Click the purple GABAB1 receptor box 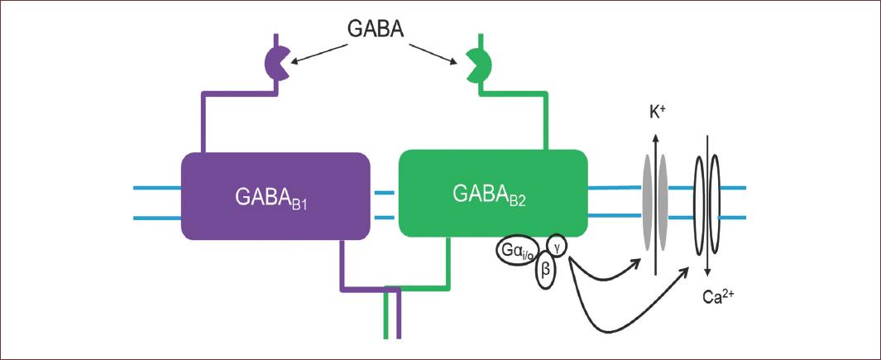click(275, 196)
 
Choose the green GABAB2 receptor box click(493, 194)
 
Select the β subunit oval click(545, 271)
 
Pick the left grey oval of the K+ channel click(647, 200)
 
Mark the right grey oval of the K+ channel click(663, 200)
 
